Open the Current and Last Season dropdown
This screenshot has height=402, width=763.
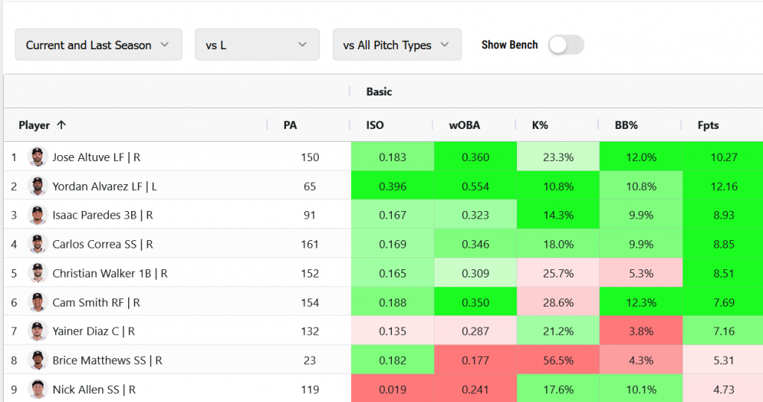point(98,45)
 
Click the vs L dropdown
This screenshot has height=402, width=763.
point(257,45)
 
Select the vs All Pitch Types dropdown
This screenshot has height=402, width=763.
point(397,45)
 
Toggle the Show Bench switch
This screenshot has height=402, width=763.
point(566,45)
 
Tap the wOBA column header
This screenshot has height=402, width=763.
point(463,125)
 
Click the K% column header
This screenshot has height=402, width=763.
point(540,125)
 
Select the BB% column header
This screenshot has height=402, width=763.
point(626,125)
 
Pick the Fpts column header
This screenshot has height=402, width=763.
point(708,125)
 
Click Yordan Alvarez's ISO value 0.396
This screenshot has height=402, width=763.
point(393,186)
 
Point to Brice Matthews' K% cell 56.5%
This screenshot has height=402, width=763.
point(558,360)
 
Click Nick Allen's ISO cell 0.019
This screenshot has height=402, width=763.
point(393,389)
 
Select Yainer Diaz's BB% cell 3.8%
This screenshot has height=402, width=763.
point(641,331)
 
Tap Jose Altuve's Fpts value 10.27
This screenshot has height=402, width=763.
point(724,157)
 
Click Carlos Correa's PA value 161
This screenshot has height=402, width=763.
point(309,244)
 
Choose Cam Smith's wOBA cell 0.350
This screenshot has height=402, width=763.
point(475,302)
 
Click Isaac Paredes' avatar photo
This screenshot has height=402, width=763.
point(38,215)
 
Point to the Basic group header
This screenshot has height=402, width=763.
point(379,92)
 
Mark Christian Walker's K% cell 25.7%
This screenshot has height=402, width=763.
point(558,273)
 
